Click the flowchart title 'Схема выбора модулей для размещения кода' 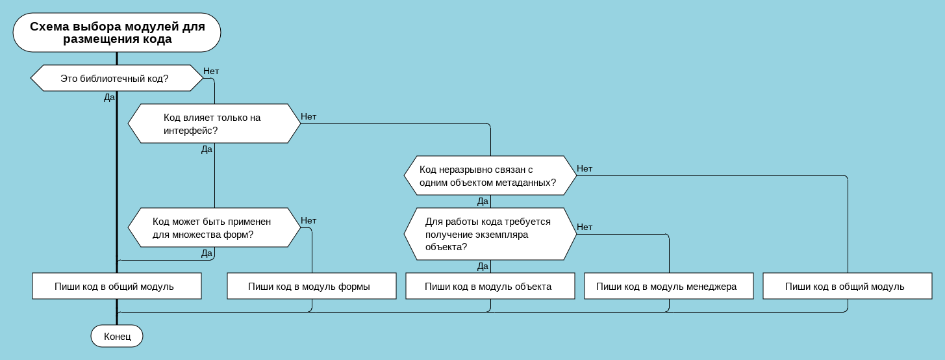coord(117,32)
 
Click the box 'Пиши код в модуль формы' coord(311,286)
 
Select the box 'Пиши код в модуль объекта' coord(490,286)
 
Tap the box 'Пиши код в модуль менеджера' coord(668,286)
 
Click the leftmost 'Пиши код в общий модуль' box coord(116,286)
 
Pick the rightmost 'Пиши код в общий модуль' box coord(847,286)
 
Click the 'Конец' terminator coord(117,336)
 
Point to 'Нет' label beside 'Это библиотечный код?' coord(211,71)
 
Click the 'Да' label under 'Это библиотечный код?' coord(109,97)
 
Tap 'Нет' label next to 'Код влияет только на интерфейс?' coord(309,117)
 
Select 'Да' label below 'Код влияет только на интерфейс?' coord(207,149)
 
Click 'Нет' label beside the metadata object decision coord(585,169)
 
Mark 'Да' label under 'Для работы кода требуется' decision coord(483,266)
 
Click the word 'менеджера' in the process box coord(711,287)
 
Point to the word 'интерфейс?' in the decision coord(190,130)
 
